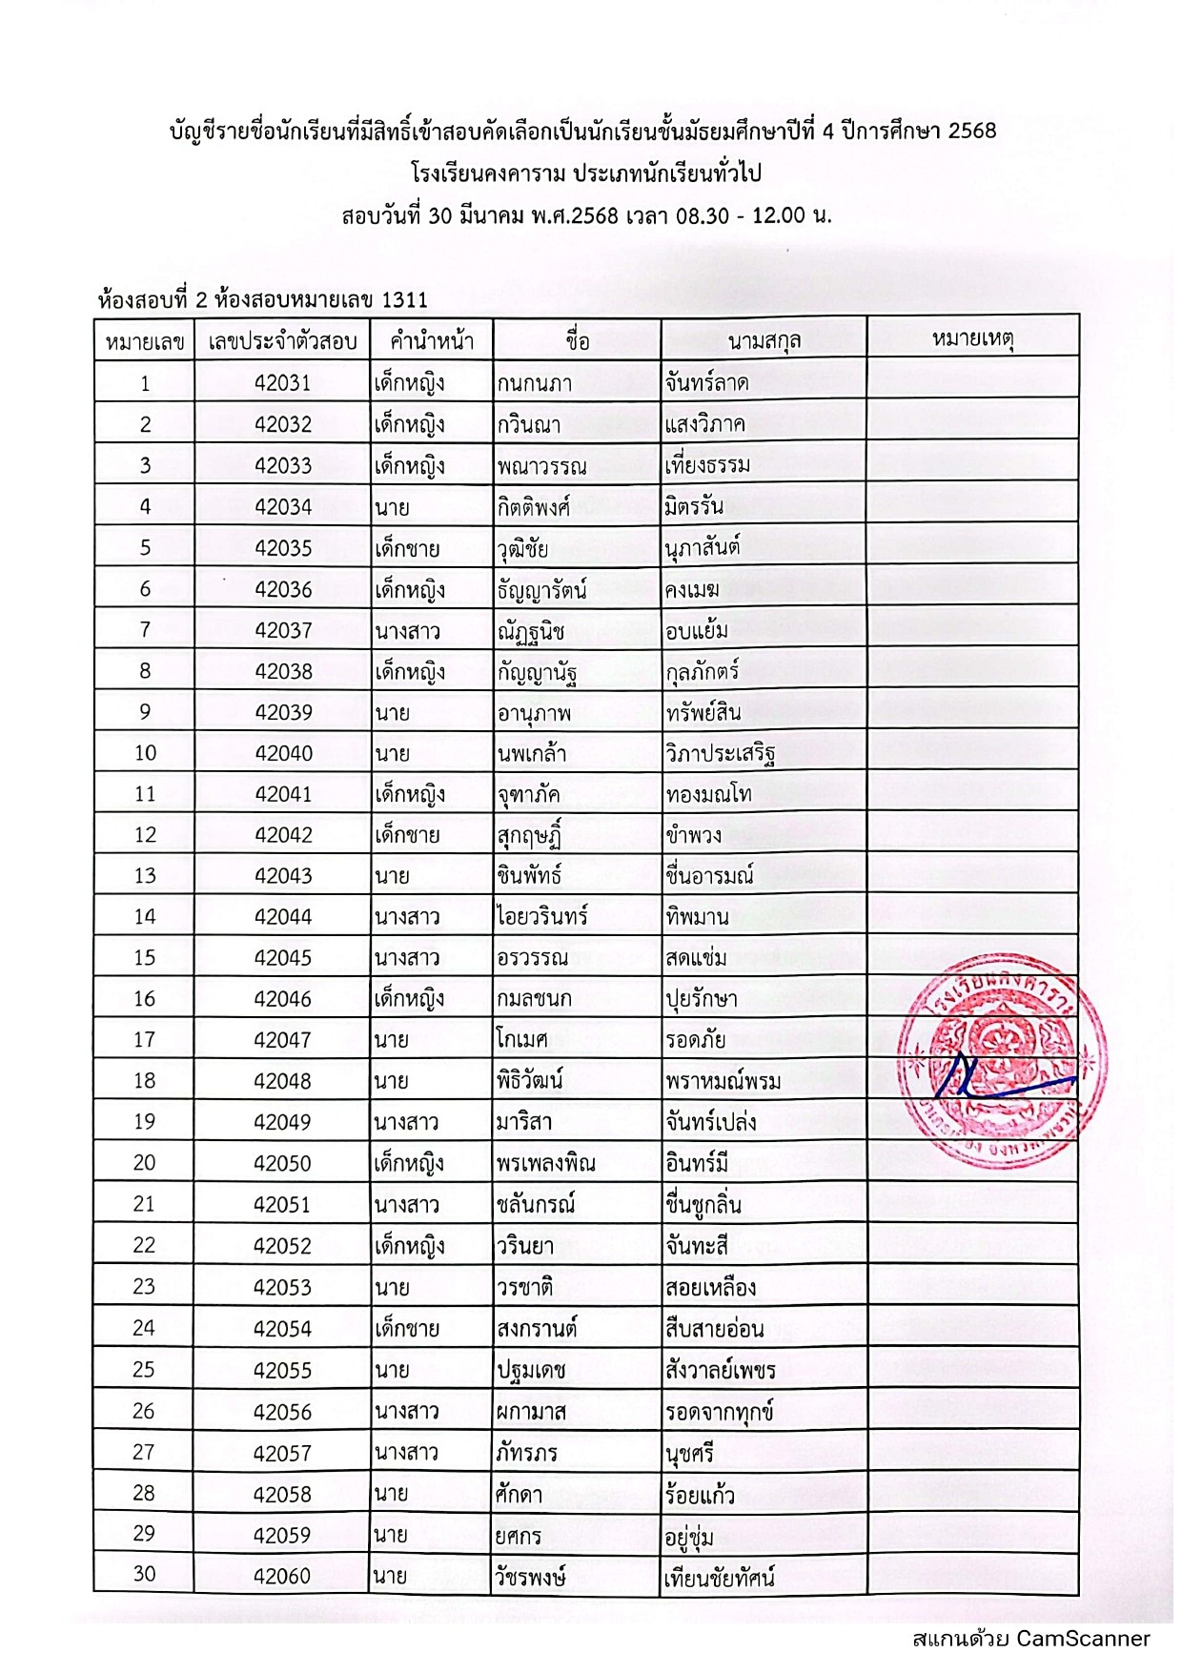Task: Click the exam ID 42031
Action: pos(282,383)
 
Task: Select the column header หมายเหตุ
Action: pos(972,338)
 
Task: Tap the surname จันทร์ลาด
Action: pos(706,383)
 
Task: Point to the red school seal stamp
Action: pos(1001,1071)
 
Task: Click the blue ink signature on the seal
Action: pos(991,1077)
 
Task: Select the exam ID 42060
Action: pos(282,1576)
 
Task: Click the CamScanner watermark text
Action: pos(1030,1638)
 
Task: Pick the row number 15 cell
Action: pos(144,957)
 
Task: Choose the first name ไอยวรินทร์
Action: pos(541,916)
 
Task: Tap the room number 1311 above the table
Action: pos(404,300)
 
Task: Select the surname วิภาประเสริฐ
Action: pos(720,753)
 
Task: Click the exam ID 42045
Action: pos(282,957)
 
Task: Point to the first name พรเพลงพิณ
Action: pos(545,1163)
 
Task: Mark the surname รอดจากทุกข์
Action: pos(718,1412)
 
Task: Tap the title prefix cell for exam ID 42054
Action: pos(407,1328)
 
